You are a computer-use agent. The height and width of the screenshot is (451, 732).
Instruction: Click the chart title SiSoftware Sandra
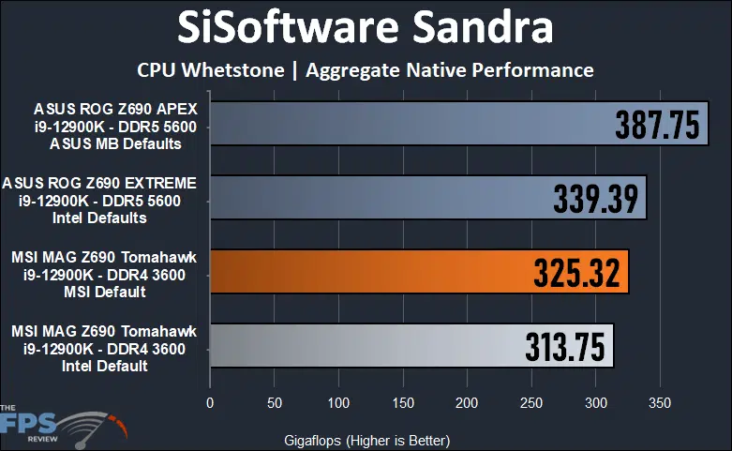[366, 29]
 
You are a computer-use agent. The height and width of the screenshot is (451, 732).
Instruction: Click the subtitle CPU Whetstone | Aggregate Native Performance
[366, 69]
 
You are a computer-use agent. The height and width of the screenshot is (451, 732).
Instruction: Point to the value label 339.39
[596, 199]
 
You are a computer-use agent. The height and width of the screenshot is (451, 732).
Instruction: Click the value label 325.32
[577, 273]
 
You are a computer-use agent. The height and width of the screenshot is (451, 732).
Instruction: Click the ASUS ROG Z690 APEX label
[106, 127]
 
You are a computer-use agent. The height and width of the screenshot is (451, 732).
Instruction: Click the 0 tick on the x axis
[210, 403]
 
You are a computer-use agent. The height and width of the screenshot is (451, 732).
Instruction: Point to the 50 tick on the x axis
[275, 403]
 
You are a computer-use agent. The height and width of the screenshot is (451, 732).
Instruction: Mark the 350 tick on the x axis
[660, 403]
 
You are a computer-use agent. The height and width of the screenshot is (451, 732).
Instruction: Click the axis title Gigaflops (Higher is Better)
[366, 440]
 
